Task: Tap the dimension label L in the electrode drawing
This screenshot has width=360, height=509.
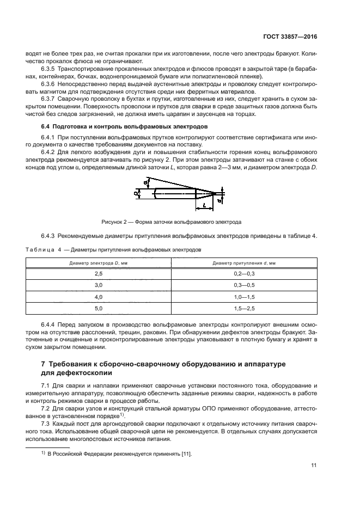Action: (x=203, y=205)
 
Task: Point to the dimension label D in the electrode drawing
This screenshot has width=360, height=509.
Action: (x=135, y=193)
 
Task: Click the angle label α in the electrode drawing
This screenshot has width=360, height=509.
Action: (x=144, y=182)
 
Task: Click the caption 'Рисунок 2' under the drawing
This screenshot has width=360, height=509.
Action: (x=115, y=222)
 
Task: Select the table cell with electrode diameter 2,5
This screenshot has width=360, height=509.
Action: (x=99, y=273)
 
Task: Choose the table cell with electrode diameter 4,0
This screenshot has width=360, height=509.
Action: (x=99, y=297)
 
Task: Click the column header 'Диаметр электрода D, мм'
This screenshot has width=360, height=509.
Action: (x=99, y=262)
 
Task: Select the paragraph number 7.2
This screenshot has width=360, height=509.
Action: (x=46, y=407)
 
